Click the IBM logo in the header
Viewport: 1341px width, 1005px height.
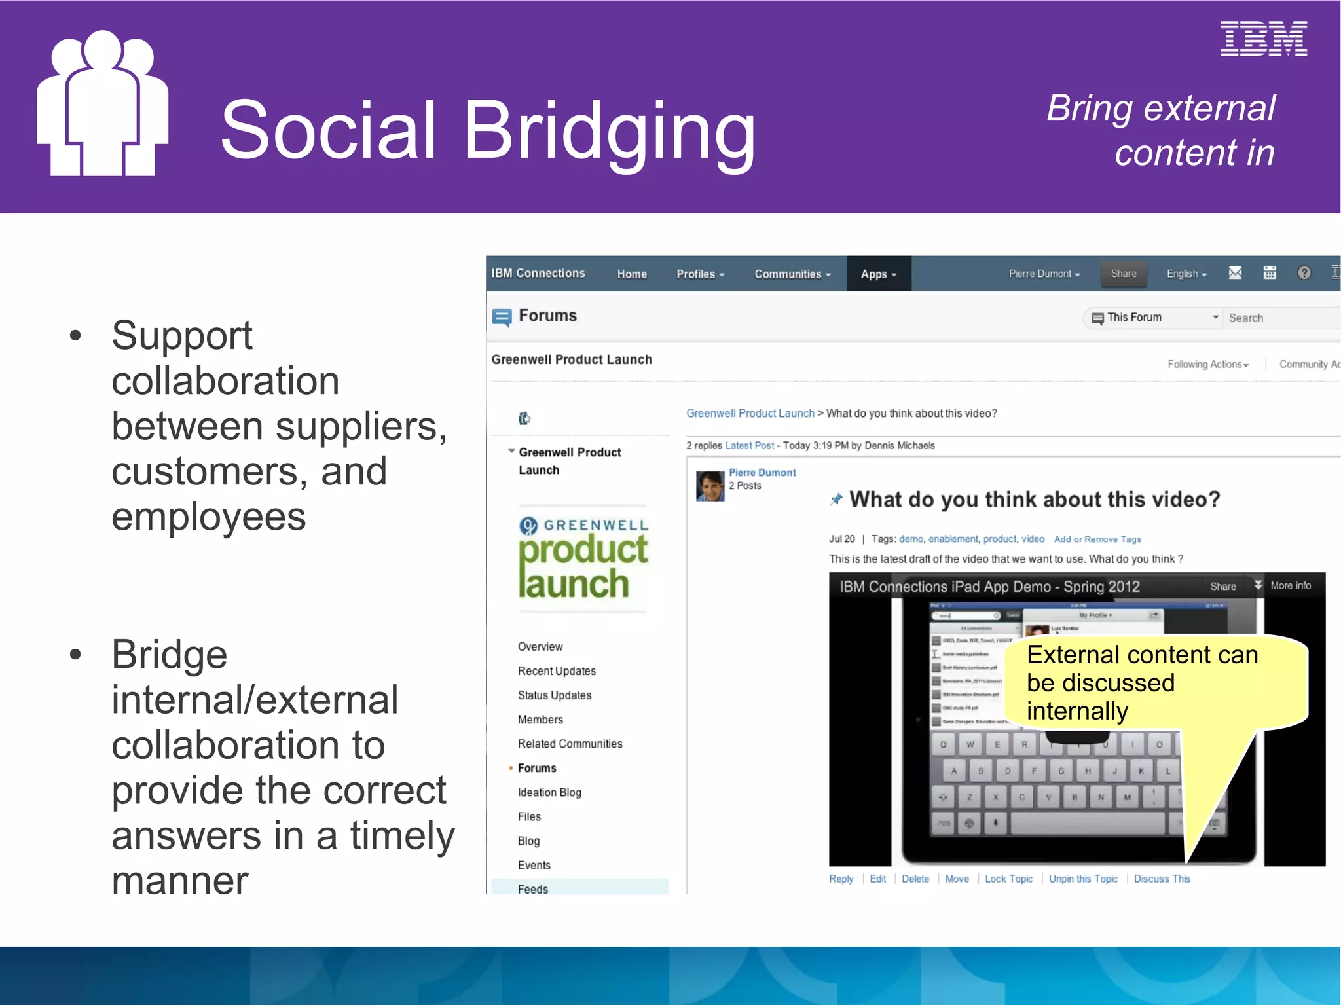point(1263,39)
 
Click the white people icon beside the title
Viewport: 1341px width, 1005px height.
point(102,105)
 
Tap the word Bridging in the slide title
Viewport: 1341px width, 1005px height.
point(609,131)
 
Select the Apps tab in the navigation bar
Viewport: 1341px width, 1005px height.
point(878,274)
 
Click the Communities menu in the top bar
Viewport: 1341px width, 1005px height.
point(792,274)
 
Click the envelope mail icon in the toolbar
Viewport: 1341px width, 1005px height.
point(1235,273)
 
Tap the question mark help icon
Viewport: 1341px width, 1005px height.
point(1304,273)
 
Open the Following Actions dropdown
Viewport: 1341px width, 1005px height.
point(1207,365)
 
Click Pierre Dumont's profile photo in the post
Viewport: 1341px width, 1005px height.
point(710,486)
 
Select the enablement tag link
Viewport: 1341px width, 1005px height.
point(953,539)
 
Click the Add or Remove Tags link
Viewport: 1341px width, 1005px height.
point(1097,539)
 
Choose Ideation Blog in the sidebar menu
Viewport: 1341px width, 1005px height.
point(549,792)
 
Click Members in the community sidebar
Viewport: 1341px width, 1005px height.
point(540,720)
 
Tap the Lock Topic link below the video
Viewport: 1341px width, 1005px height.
point(1008,879)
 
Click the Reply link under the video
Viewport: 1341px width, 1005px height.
point(841,879)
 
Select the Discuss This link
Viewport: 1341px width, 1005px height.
point(1162,879)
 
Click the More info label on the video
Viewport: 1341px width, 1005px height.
point(1290,586)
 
